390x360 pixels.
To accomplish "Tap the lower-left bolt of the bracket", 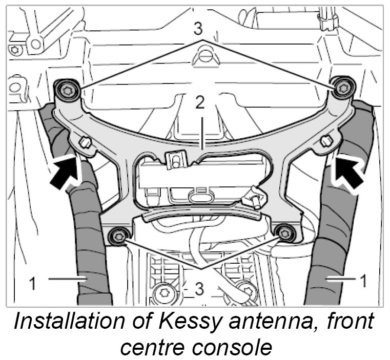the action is (x=119, y=236).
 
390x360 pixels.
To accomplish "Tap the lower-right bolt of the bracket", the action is (x=284, y=234).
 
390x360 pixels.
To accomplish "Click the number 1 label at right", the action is (x=363, y=280).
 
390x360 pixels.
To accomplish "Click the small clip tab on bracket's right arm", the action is (x=325, y=140).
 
